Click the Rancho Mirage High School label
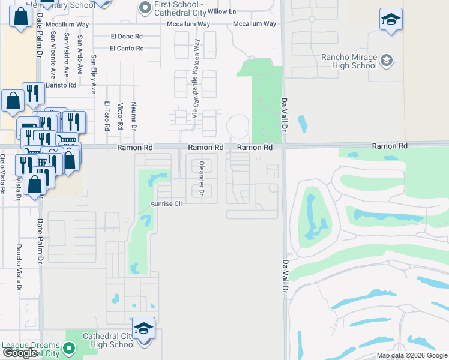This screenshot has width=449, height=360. (x=349, y=61)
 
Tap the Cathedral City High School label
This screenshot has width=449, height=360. (x=109, y=340)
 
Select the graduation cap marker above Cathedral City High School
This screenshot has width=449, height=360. (x=143, y=329)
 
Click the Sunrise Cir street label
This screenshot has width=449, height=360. (x=166, y=204)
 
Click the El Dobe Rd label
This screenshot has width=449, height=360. (x=127, y=36)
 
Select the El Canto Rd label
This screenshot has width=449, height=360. (x=127, y=48)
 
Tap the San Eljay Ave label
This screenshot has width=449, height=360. (x=94, y=75)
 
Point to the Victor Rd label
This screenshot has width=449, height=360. (x=121, y=116)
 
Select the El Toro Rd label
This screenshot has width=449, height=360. (x=107, y=116)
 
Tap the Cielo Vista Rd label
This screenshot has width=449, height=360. (x=3, y=174)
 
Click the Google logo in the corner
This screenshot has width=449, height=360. (x=20, y=353)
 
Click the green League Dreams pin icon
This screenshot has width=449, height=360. (x=69, y=348)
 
